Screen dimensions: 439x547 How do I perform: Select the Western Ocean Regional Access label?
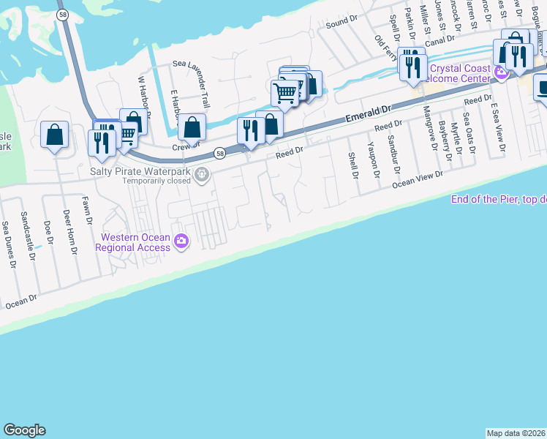tap(135, 242)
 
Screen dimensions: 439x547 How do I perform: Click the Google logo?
tap(24, 430)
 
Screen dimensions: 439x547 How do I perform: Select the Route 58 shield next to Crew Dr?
tap(220, 153)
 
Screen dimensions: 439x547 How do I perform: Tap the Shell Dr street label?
tap(352, 165)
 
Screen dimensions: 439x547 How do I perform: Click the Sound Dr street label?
tap(340, 23)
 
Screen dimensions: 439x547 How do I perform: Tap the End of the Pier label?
tap(498, 199)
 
